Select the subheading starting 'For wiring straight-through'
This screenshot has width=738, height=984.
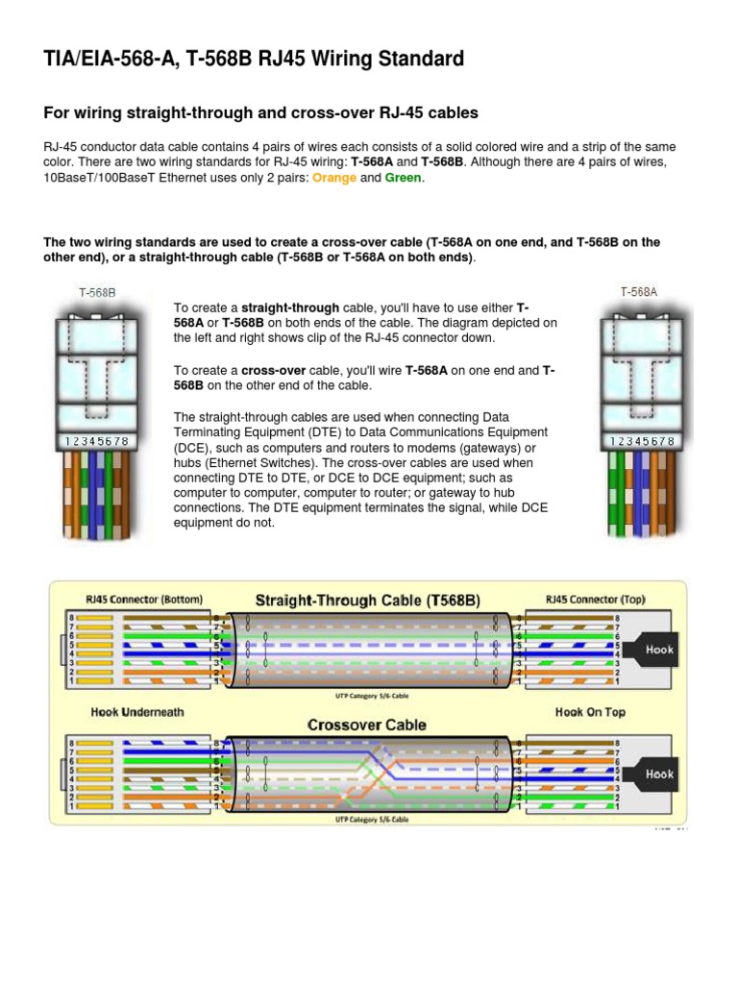pos(260,112)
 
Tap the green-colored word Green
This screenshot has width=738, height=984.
pos(403,178)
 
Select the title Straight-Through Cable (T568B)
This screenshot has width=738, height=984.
pos(368,601)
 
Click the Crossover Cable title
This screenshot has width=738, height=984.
pos(367,725)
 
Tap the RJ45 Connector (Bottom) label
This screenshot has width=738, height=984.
pos(144,599)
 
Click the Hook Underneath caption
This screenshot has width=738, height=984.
pos(136,712)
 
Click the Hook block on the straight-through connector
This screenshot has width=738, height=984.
pos(660,650)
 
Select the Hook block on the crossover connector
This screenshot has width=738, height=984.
pos(660,774)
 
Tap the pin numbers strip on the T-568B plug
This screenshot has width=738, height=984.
pos(94,441)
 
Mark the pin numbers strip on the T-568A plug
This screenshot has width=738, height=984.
pos(641,441)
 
